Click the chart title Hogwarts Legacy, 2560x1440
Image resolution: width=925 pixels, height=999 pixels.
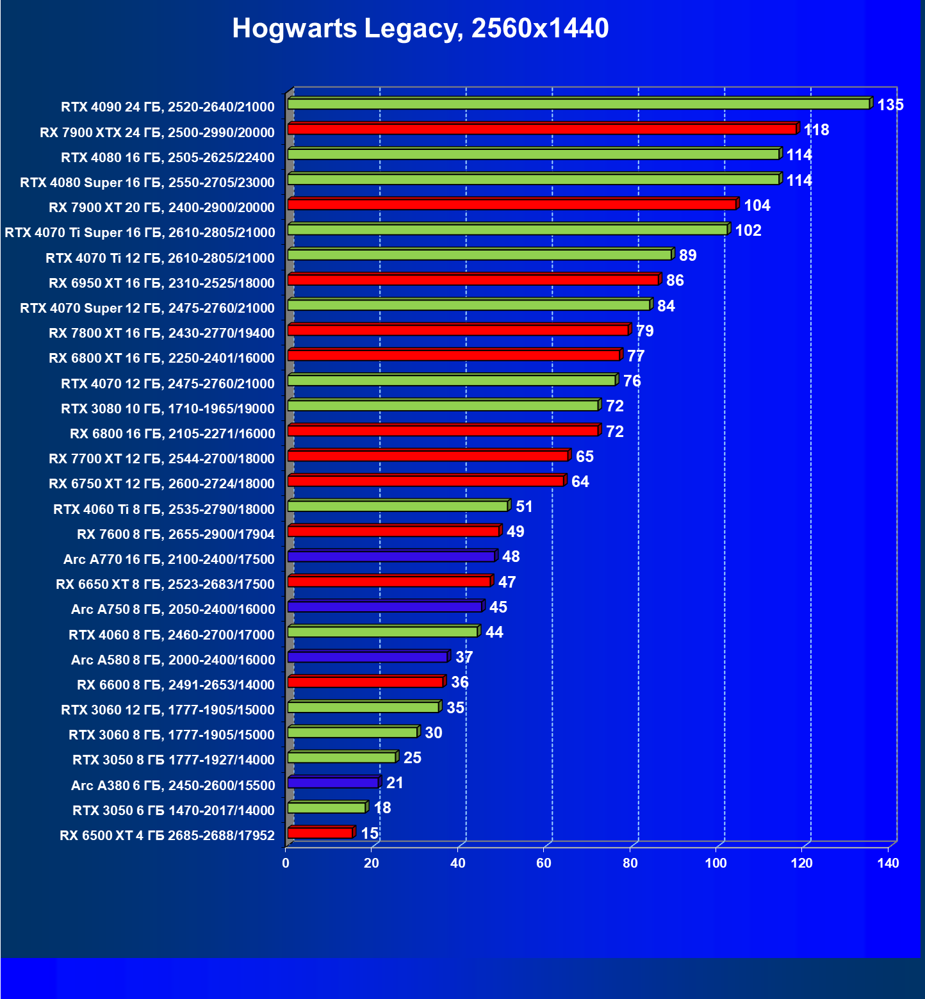[420, 28]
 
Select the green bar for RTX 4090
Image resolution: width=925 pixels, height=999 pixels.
[578, 104]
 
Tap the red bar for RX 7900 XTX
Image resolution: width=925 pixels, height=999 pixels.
[542, 129]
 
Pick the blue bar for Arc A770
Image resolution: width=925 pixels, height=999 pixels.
[391, 556]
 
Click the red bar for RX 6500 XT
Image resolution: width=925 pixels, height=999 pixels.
[320, 832]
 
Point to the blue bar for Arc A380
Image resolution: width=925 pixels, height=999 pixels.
[333, 782]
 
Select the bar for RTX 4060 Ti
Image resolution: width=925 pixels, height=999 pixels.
[398, 506]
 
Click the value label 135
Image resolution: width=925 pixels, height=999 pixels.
[890, 105]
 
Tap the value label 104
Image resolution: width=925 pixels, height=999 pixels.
[757, 206]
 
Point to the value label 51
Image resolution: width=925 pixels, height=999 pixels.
[524, 507]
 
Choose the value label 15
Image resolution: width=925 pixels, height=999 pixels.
[370, 833]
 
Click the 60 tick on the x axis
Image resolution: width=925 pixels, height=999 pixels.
[544, 863]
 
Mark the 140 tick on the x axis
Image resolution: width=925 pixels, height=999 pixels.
[888, 863]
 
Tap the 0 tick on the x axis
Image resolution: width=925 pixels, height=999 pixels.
[286, 863]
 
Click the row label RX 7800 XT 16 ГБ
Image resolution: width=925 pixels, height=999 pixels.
[161, 333]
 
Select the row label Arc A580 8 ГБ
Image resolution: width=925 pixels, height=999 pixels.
[173, 660]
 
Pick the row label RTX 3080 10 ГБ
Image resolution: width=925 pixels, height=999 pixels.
[168, 409]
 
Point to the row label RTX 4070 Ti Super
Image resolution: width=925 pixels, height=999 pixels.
[140, 233]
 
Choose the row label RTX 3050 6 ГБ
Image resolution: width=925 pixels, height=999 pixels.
[173, 811]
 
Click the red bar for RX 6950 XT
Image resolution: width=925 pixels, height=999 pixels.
[473, 280]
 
